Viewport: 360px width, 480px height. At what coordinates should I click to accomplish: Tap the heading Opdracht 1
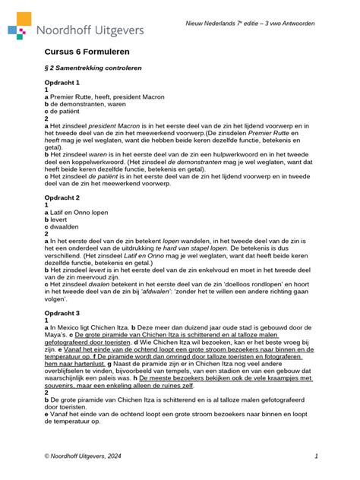coord(63,82)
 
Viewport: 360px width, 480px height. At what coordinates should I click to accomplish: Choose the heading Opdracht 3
coord(63,313)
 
